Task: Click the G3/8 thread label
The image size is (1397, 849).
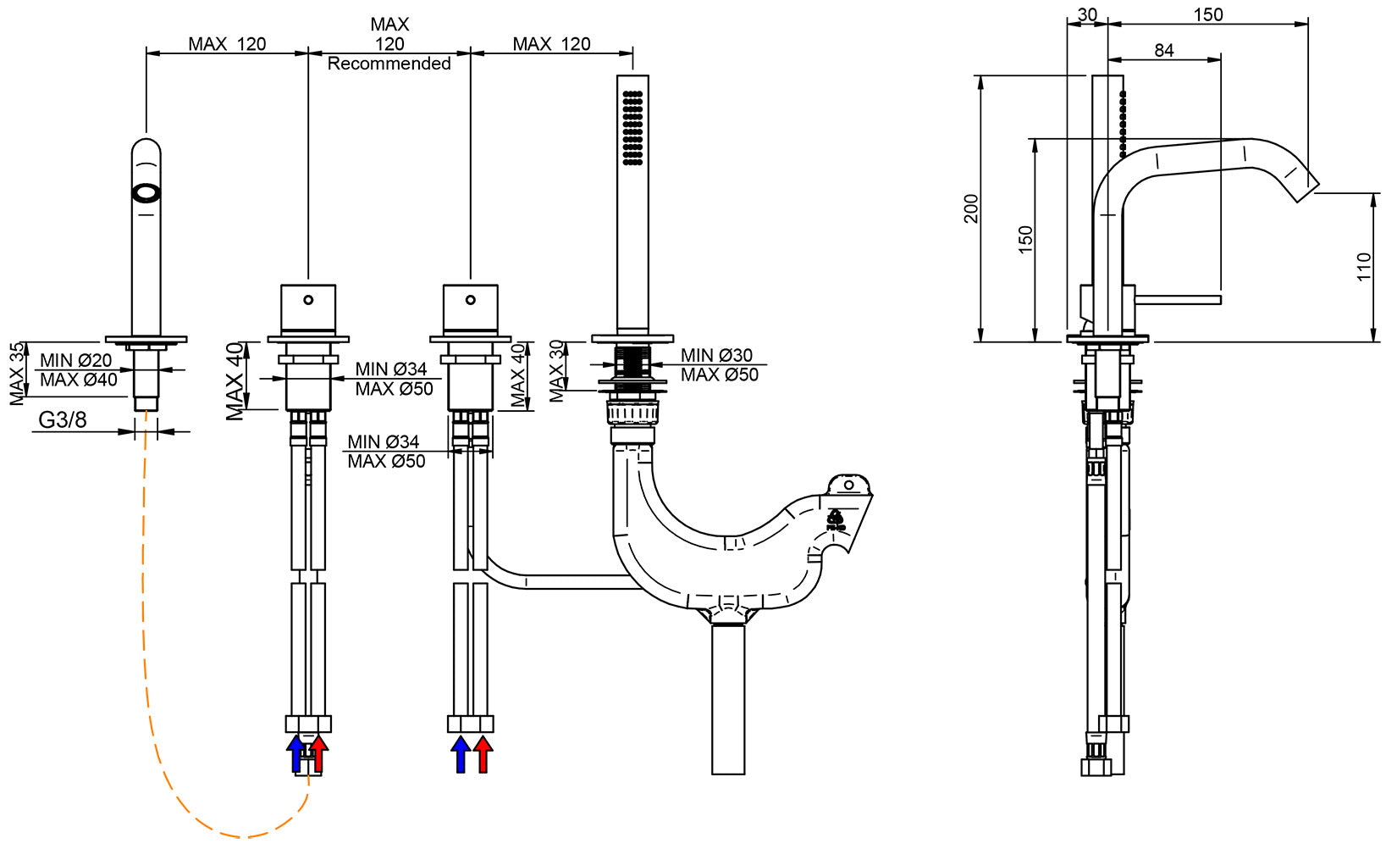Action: coord(63,419)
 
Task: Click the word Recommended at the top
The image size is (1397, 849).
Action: coord(389,64)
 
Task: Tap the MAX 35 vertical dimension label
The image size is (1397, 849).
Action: coord(17,374)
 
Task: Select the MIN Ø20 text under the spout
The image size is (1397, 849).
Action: coord(76,360)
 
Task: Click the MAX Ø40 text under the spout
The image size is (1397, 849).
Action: coord(79,380)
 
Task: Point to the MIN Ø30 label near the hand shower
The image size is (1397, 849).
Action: coord(716,355)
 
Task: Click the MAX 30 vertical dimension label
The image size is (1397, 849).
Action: coord(556,371)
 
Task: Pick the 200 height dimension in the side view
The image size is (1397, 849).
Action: coord(971,208)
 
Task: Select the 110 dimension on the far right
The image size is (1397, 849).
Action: coord(1363,267)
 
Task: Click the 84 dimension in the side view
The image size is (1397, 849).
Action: coord(1163,51)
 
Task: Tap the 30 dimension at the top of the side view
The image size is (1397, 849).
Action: coord(1087,14)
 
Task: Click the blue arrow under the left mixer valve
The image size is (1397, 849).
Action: coord(295,753)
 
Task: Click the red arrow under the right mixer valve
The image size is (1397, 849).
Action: coord(483,753)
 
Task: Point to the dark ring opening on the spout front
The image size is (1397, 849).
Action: coord(146,193)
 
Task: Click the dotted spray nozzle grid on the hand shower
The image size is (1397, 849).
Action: coord(632,128)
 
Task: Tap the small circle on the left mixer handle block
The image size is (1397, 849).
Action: coord(308,299)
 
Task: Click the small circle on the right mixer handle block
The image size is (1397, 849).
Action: coord(471,299)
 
